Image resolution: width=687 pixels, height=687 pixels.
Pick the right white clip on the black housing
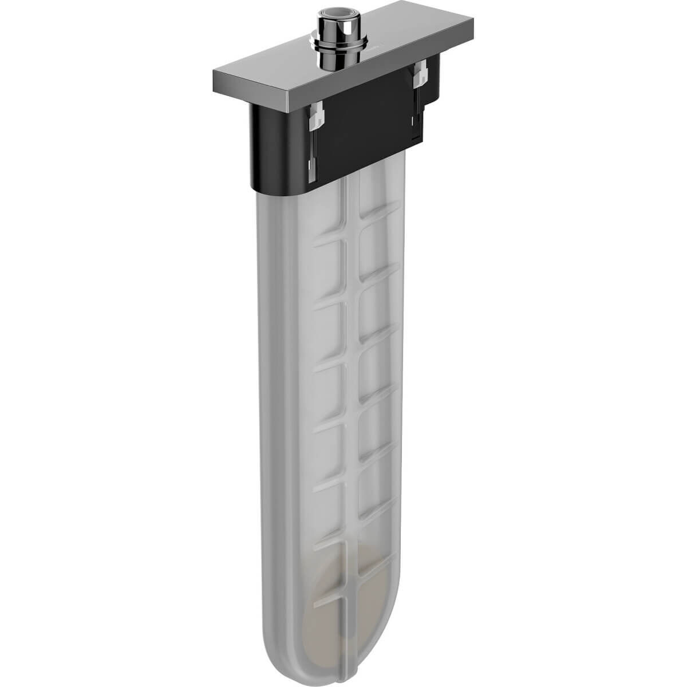(x=421, y=75)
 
